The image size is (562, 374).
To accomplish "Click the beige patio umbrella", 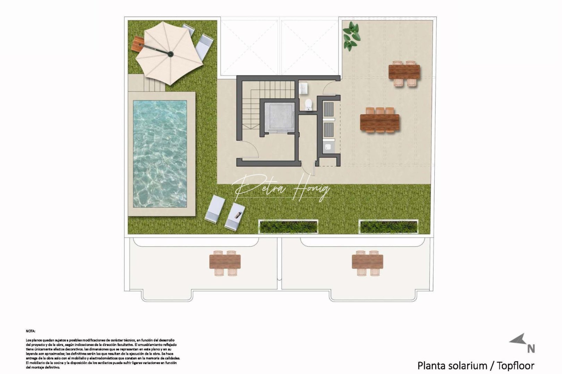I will tap(169, 54).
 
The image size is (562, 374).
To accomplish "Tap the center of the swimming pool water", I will tap(160, 154).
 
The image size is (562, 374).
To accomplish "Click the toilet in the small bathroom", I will tap(308, 105).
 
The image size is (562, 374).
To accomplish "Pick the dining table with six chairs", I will tap(380, 121).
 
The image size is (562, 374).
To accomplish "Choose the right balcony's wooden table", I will tap(367, 262).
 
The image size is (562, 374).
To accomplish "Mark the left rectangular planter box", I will tap(288, 226).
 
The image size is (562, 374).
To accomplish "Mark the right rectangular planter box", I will tap(388, 226).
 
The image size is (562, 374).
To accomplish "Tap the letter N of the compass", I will tap(531, 348).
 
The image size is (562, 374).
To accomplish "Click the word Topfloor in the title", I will tap(515, 365).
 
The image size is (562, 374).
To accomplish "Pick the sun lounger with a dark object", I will tap(236, 216).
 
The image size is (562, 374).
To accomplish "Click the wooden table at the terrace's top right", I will tap(404, 72).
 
